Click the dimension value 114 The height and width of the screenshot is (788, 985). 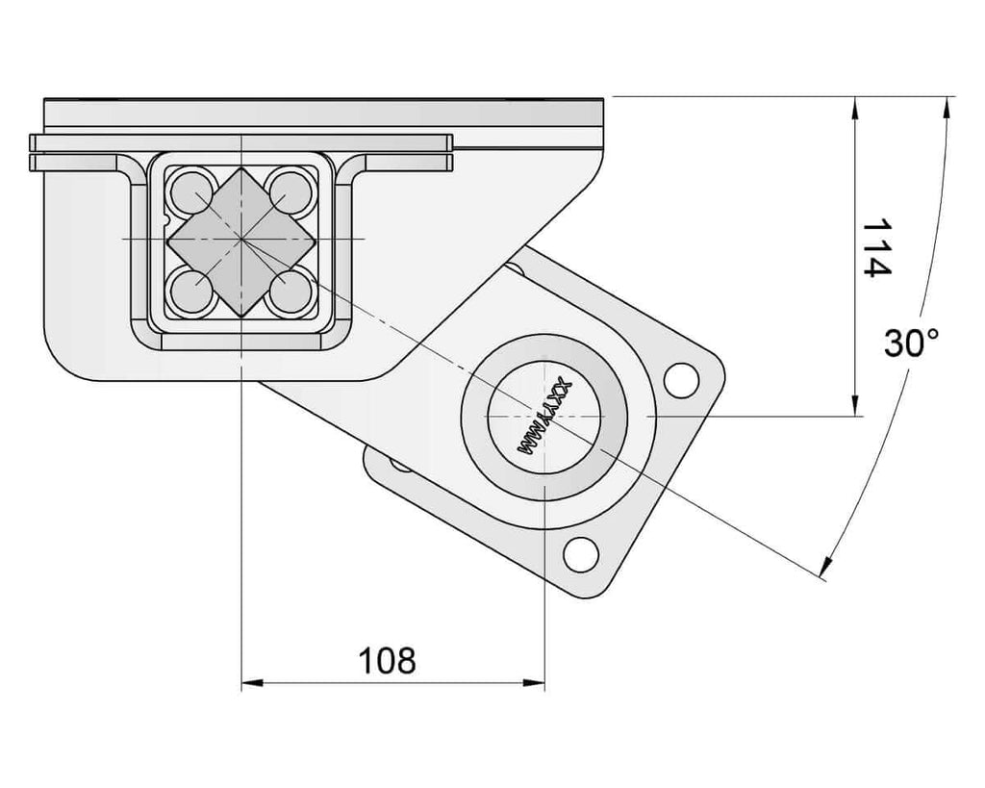876,247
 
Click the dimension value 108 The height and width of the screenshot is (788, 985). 387,660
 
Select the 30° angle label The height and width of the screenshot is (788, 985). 911,343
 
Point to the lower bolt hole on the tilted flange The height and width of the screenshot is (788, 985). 580,554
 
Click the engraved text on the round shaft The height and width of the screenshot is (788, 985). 545,417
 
